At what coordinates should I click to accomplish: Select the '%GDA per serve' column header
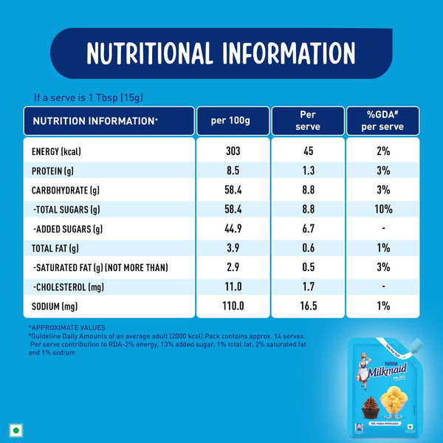[x=382, y=120]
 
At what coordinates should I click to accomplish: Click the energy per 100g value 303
[x=233, y=151]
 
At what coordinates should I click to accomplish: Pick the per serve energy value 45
[x=308, y=151]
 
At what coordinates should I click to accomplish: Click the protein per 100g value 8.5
[x=233, y=171]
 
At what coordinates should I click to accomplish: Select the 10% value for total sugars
[x=382, y=209]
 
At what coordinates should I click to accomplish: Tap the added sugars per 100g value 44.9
[x=233, y=228]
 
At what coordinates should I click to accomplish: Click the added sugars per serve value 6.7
[x=308, y=228]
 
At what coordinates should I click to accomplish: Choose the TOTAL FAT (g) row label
[x=55, y=247]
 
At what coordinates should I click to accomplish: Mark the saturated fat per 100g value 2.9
[x=233, y=267]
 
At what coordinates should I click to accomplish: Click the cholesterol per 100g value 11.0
[x=233, y=286]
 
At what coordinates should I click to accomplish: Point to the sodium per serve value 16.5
[x=308, y=305]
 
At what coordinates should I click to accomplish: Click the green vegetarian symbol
[x=14, y=428]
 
